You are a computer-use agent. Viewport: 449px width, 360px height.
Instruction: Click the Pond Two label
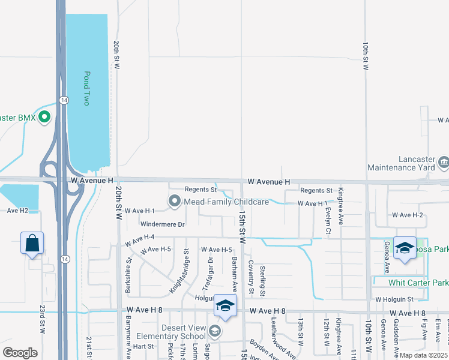(86, 89)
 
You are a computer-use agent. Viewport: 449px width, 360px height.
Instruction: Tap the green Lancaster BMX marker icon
(44, 117)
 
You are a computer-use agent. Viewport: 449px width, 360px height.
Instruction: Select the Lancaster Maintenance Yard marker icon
(443, 161)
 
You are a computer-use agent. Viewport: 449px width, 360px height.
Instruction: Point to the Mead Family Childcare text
(226, 202)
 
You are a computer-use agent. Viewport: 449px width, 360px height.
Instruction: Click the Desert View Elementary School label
(172, 331)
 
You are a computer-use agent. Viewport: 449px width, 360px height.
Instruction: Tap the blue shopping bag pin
(32, 243)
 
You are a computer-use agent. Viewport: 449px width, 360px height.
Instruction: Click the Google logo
(20, 353)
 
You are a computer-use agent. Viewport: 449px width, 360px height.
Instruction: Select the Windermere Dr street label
(162, 224)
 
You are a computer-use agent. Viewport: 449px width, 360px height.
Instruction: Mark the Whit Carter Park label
(418, 283)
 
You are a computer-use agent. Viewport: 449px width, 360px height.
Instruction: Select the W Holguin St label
(394, 299)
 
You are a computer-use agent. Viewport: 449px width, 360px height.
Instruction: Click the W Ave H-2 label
(408, 215)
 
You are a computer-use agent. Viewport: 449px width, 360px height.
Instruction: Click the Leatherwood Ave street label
(283, 345)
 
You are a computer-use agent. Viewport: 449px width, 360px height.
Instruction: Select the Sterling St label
(262, 277)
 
